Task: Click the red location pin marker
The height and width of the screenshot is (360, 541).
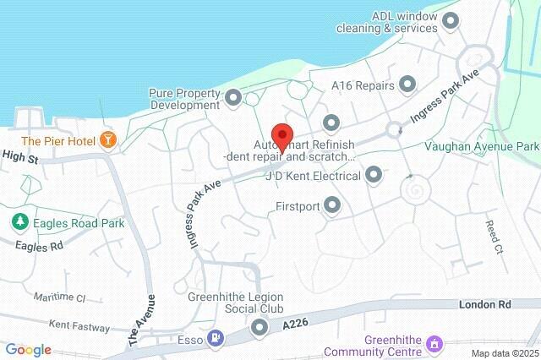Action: [281, 136]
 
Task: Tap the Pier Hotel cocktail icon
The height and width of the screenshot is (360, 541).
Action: [107, 139]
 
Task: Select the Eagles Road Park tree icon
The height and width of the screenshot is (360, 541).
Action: [18, 223]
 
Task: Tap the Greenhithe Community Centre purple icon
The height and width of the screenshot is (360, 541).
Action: [434, 344]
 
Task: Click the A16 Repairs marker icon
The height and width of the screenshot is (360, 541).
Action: [408, 85]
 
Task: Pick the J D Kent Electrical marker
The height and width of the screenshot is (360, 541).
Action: [374, 176]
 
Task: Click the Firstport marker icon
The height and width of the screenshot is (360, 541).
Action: [332, 205]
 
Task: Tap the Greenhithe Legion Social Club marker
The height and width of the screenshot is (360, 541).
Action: [259, 328]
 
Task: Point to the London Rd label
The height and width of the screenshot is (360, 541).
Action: [486, 303]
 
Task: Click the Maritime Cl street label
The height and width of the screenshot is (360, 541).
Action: [59, 297]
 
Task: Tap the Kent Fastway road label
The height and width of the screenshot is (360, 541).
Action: [79, 325]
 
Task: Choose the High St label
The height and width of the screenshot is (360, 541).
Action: [20, 156]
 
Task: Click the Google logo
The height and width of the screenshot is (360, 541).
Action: [28, 350]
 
